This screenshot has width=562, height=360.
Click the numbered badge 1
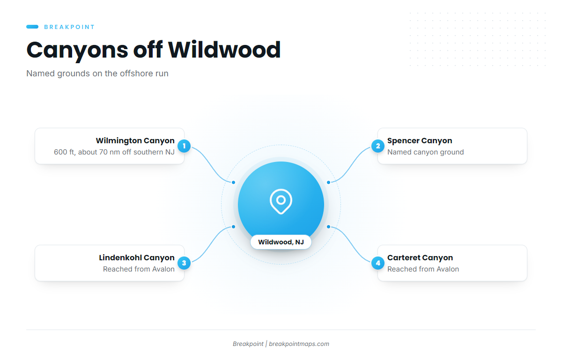[184, 146]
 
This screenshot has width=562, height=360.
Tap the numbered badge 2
[378, 146]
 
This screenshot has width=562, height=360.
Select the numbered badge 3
[184, 263]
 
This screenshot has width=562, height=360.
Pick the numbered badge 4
[378, 263]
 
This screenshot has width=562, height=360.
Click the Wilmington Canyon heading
[135, 141]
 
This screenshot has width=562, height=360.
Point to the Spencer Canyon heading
[420, 141]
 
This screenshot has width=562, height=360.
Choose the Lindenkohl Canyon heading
[137, 257]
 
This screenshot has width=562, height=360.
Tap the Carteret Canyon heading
[420, 257]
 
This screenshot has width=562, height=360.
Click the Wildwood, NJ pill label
[281, 242]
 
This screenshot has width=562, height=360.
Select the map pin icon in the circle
[281, 201]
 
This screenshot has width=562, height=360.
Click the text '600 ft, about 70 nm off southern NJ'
[114, 152]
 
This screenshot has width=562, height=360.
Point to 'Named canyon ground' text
[426, 152]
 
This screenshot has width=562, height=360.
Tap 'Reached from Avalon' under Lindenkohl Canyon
[139, 269]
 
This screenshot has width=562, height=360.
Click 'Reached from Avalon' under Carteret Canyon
[423, 269]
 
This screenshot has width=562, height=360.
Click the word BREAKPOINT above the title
[69, 27]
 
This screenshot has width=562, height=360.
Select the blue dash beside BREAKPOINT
[32, 27]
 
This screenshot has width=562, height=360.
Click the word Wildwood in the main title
[224, 50]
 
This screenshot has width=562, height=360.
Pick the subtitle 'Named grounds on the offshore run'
[97, 73]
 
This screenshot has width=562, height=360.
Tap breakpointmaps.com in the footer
[299, 344]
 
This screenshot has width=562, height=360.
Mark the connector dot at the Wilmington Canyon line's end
[233, 183]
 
